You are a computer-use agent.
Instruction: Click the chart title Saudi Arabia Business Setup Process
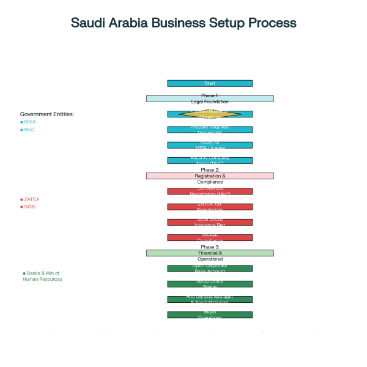coord(183,23)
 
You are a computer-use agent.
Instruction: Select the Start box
coord(210,83)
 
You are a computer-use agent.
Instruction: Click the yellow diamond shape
coord(210,114)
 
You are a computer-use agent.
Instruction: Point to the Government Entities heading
coord(47,114)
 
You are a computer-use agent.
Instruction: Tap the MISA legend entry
coord(29,122)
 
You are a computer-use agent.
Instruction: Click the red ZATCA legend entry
coord(31,199)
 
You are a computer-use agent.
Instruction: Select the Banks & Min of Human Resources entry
coord(42,276)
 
